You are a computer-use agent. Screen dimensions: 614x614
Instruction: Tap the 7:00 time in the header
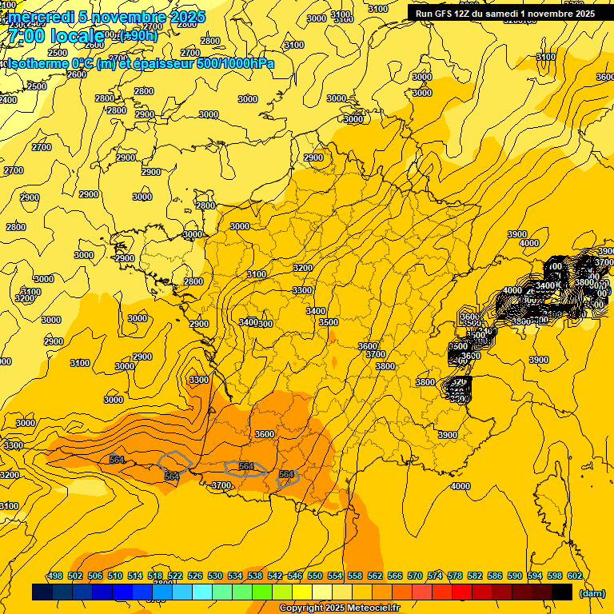26,37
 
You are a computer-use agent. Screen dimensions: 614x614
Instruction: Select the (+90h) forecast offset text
138,36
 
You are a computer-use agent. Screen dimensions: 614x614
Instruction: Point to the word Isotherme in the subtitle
37,63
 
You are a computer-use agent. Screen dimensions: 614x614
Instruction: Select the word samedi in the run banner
512,14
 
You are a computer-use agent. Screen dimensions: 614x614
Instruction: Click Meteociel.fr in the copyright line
370,608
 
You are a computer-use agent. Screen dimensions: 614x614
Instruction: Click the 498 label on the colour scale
55,576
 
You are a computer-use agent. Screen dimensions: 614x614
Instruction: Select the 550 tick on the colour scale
315,576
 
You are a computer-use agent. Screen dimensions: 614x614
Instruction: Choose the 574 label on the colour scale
435,576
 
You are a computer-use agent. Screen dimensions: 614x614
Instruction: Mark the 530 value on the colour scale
215,576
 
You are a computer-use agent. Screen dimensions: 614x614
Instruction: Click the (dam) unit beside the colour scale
592,593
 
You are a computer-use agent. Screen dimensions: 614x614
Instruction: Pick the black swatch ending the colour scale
562,592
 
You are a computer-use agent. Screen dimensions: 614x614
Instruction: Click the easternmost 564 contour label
286,475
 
